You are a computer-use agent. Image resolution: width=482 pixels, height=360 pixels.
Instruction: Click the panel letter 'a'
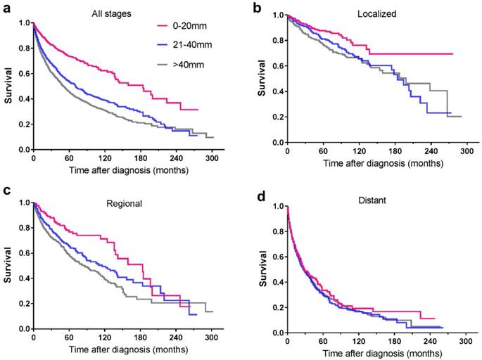click(x=6, y=8)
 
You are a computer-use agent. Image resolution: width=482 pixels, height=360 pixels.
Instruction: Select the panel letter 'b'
click(x=257, y=8)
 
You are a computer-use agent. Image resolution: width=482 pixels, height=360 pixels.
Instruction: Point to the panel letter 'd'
click(x=257, y=192)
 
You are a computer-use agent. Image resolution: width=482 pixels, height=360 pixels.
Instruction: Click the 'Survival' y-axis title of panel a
click(x=9, y=86)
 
